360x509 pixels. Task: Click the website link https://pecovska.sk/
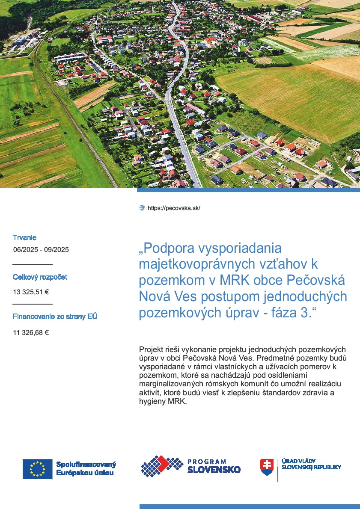pos(174,208)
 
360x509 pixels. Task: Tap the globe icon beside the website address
pos(142,208)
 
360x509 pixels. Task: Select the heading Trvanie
pos(24,237)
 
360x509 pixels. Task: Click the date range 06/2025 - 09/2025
pos(41,250)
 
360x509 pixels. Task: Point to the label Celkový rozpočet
pos(40,277)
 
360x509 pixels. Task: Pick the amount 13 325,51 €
pos(31,293)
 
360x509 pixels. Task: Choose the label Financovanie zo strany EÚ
pos(55,317)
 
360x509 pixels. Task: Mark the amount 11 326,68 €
pos(31,332)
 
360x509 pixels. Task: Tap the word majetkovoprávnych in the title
pos(208,264)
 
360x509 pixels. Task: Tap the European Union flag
pos(37,469)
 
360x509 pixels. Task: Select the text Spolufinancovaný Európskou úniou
pos(86,469)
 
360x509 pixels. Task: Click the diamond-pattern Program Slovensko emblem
pos(162,466)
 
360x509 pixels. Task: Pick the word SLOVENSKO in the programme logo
pos(214,470)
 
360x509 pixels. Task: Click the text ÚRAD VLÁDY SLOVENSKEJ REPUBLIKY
pos(311,464)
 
